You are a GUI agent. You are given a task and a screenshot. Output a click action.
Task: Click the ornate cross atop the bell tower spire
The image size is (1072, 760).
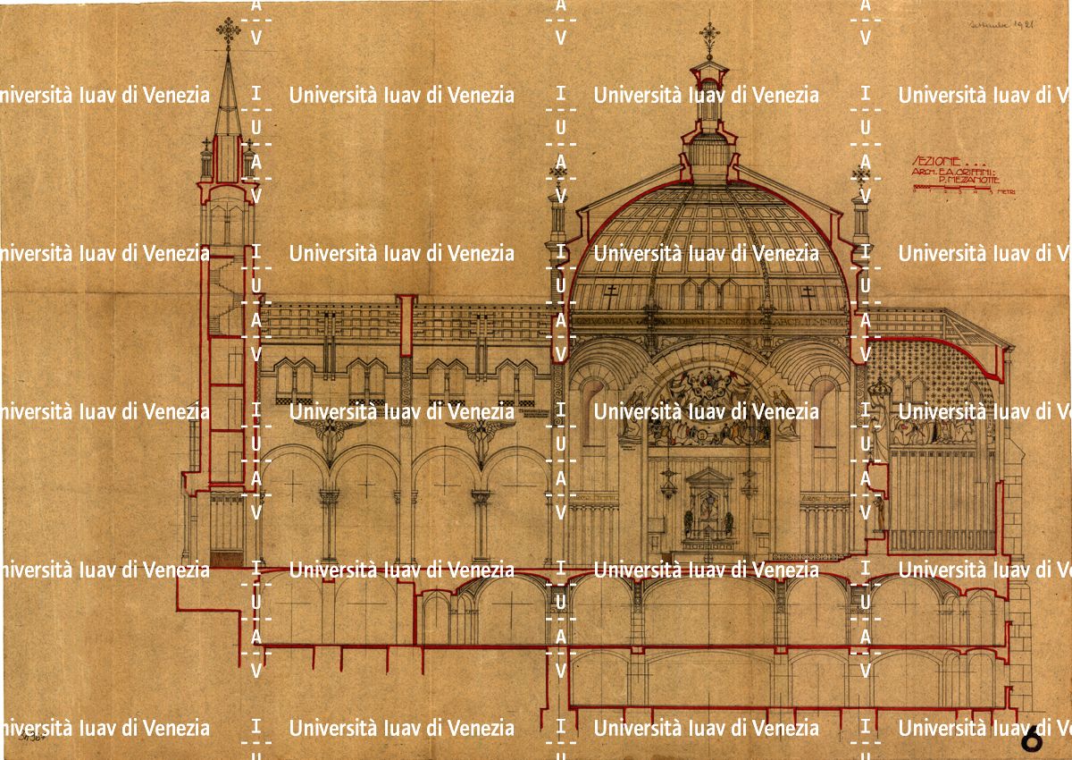pos(229,33)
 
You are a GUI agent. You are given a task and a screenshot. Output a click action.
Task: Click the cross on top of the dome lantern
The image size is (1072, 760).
pos(710,35)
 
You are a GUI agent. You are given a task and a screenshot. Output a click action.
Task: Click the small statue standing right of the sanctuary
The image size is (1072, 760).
pos(882,514)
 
